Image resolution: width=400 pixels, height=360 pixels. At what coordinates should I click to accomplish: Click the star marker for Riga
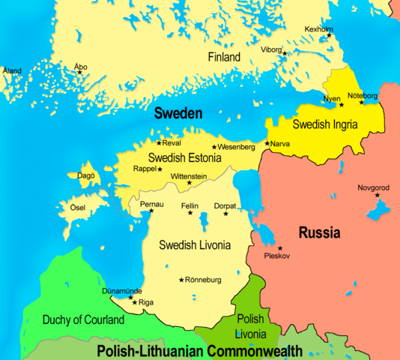point(135,302)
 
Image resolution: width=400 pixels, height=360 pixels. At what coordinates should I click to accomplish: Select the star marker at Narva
point(267,143)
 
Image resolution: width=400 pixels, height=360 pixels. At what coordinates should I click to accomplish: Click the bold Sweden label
point(178,114)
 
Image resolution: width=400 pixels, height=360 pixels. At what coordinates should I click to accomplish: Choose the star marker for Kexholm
point(328,36)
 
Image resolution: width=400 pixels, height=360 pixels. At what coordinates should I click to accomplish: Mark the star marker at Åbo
point(80,73)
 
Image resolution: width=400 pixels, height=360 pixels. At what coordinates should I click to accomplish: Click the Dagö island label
point(85,175)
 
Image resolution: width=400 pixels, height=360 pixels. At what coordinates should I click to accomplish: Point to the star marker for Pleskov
point(280,248)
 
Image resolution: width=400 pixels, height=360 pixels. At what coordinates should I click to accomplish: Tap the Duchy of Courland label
point(83,320)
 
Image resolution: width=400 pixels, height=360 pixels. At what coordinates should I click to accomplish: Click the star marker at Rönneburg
point(181,280)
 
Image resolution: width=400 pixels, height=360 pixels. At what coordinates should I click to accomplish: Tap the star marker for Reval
point(158,142)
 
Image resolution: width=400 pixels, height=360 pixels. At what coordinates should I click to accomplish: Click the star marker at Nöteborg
point(362,102)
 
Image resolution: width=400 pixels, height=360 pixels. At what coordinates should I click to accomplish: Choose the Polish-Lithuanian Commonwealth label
point(199,350)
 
